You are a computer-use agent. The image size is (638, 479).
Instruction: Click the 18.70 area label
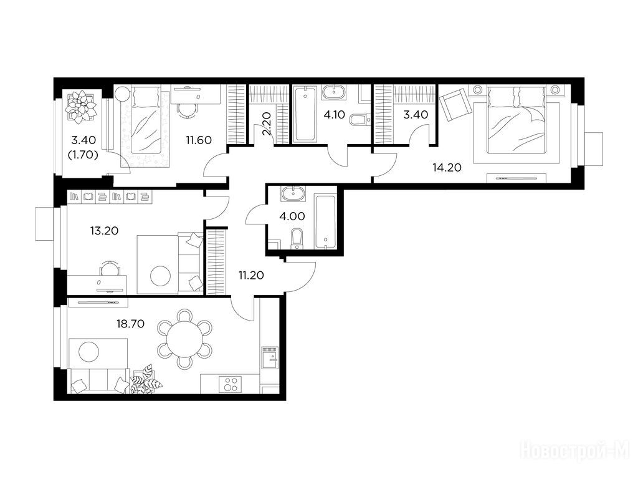[x=130, y=324]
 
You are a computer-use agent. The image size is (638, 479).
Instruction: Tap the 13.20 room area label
[x=104, y=231]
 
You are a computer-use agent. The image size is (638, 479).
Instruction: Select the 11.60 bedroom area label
[x=199, y=140]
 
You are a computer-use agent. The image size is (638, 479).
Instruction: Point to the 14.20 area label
[x=447, y=167]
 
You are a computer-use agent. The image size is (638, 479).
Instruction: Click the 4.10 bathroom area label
[x=334, y=115]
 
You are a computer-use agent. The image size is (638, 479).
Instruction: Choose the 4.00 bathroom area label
[x=292, y=216]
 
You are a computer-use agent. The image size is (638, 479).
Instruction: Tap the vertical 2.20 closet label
[x=267, y=123]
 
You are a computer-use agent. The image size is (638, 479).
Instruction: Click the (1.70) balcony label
[x=84, y=155]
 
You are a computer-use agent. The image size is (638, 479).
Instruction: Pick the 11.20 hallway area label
[x=251, y=275]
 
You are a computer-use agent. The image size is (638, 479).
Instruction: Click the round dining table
[x=184, y=339]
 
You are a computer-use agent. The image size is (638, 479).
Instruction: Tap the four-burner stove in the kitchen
[x=230, y=384]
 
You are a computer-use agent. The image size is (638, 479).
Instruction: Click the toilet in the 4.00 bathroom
[x=297, y=238]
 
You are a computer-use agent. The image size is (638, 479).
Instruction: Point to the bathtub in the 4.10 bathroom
[x=304, y=115]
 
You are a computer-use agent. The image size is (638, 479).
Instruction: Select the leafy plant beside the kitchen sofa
[x=146, y=380]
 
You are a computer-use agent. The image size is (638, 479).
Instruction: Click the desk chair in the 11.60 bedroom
[x=187, y=109]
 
